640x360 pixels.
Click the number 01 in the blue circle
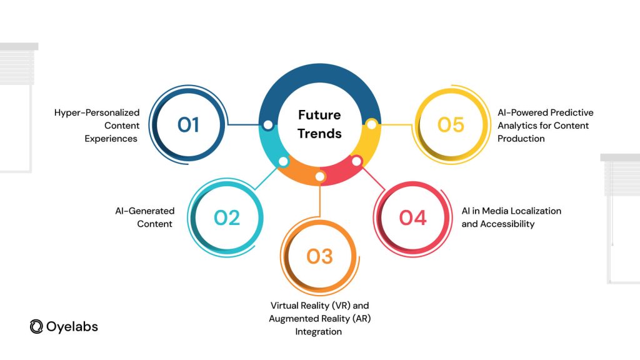coord(188,125)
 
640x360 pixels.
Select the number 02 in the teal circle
coord(227,217)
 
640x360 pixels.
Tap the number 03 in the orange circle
coord(319,256)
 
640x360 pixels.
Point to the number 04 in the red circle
coord(412,217)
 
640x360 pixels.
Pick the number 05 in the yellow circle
coord(451,125)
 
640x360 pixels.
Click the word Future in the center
coord(319,115)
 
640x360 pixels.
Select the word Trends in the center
coord(319,134)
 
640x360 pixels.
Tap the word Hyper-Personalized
coord(97,112)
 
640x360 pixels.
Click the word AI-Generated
coord(145,211)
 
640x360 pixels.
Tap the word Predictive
coord(572,112)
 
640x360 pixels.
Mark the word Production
coord(521,139)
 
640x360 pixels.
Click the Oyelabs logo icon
coord(36,326)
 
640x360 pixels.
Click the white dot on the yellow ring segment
coord(371,124)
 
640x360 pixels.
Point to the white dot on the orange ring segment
coord(320,176)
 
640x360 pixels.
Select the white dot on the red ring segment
coord(356,161)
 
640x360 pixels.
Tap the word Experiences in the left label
coord(111,139)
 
